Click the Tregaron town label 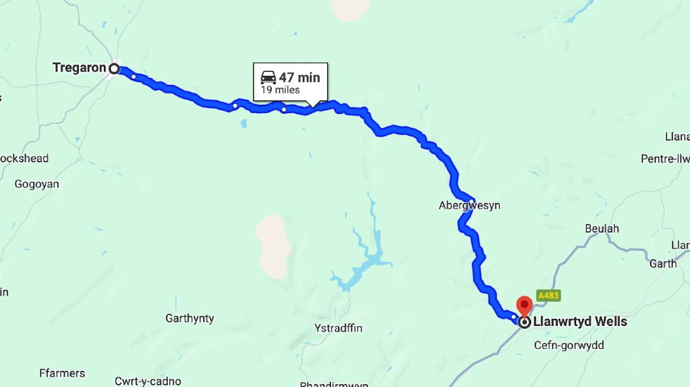coord(79,67)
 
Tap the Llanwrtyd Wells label coord(580,322)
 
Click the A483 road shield coord(548,296)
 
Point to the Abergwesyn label coord(470,206)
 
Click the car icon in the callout coord(268,77)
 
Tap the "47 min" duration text coord(299,77)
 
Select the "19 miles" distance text coord(280,90)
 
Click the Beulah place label coord(602,229)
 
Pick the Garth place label coord(663,263)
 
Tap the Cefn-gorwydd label coord(568,345)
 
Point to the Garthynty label coord(190,318)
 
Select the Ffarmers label coord(63,373)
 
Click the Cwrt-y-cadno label coord(148,381)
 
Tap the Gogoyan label coord(37,184)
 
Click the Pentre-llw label coord(665,159)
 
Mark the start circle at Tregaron coord(114,68)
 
